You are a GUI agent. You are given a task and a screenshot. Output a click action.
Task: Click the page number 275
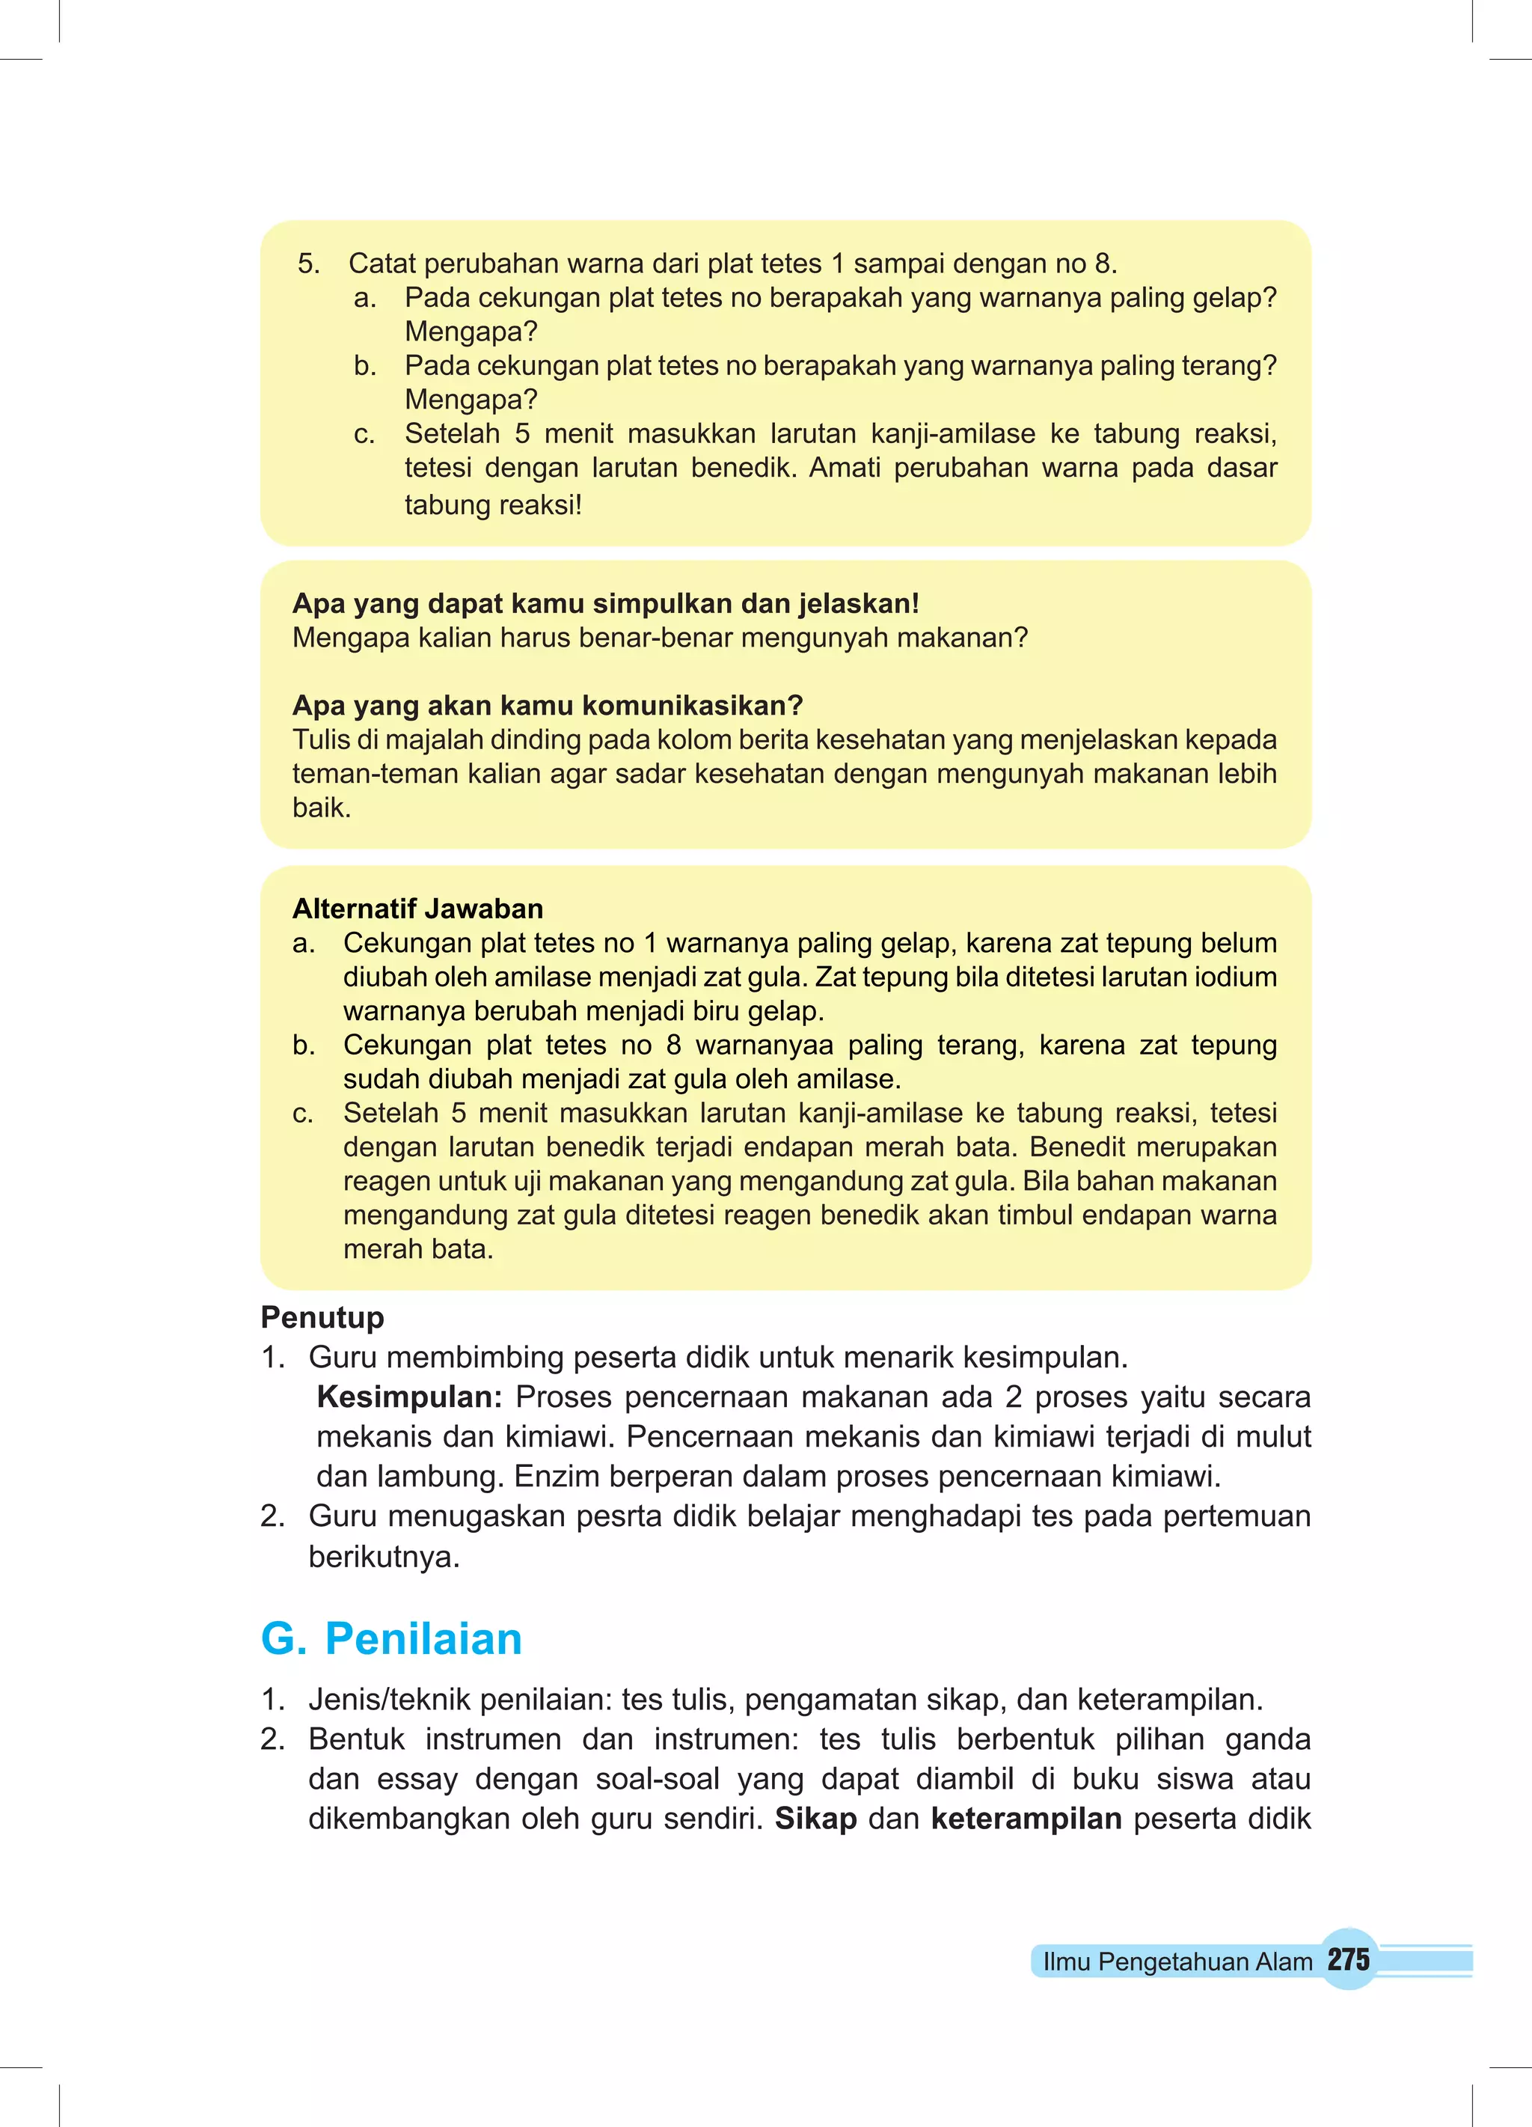coord(1348,1959)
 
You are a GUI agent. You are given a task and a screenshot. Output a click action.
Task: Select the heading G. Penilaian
coord(391,1638)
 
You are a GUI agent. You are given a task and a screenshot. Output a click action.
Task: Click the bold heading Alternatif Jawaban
coord(417,908)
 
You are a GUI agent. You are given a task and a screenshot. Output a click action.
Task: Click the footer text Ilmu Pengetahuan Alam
coord(1177,1961)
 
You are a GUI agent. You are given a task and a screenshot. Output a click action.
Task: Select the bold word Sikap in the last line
coord(815,1819)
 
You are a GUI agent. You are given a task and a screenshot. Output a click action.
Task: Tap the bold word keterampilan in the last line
coord(1026,1819)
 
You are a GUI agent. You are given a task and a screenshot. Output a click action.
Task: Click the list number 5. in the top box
coord(308,263)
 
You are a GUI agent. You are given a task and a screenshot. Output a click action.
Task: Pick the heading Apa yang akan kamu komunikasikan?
coord(548,705)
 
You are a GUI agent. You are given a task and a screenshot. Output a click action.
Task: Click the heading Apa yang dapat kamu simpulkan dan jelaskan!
coord(606,603)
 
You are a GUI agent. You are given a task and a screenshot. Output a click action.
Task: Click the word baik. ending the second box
coord(321,808)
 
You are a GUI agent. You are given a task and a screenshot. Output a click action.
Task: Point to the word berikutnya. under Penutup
coord(384,1556)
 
